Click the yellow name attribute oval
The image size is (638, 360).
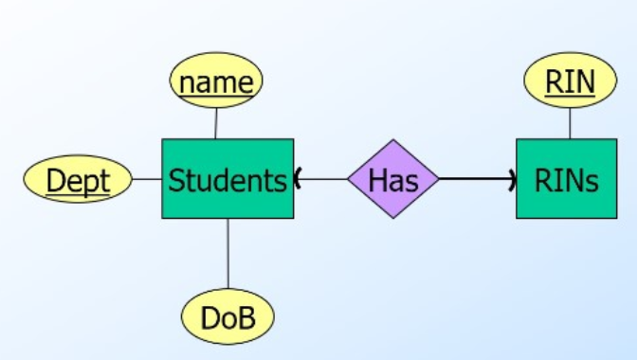coord(216,82)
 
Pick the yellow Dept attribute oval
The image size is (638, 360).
coord(78,180)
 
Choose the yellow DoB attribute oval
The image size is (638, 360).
coord(228,317)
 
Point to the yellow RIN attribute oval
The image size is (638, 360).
coord(570,82)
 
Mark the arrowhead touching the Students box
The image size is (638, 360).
coord(298,178)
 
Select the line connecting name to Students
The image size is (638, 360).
coord(216,123)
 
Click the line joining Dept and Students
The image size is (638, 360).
coord(147,179)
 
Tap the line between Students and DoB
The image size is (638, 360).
coord(228,256)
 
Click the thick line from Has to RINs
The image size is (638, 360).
coord(474,179)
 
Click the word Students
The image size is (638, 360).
coord(228,180)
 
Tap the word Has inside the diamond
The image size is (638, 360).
coord(392,180)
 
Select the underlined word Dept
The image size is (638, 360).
coord(78,180)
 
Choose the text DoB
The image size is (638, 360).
coord(228,318)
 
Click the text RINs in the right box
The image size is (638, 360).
coord(567,180)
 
